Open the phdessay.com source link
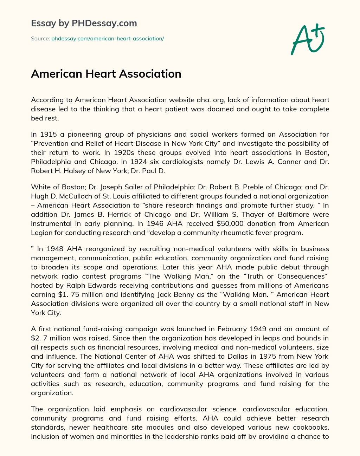tap(108, 39)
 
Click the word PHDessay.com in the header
tap(104, 24)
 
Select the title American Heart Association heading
tap(106, 74)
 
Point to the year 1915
tap(49, 134)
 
